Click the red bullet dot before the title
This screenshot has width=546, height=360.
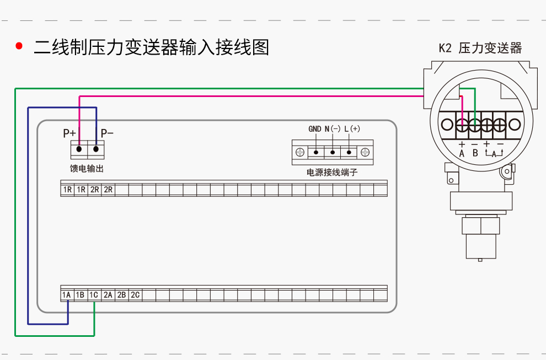point(19,46)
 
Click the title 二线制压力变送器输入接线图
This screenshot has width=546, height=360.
point(151,47)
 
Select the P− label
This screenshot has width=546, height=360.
point(107,133)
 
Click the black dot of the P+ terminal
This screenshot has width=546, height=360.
point(79,149)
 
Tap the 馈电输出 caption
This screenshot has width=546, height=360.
point(87,168)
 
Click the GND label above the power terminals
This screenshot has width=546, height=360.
point(314,129)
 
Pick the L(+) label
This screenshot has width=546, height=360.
point(352,129)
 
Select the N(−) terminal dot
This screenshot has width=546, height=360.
point(333,152)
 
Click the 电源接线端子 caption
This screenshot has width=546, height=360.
point(332,173)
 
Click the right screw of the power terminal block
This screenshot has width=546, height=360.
point(365,152)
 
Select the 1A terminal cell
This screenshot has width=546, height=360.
point(67,295)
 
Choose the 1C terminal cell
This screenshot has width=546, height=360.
point(94,295)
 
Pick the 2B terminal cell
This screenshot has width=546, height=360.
point(121,295)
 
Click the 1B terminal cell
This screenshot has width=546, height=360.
point(80,295)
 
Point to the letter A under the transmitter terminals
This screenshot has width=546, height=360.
point(462,154)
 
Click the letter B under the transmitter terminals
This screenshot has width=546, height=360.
point(475,154)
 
